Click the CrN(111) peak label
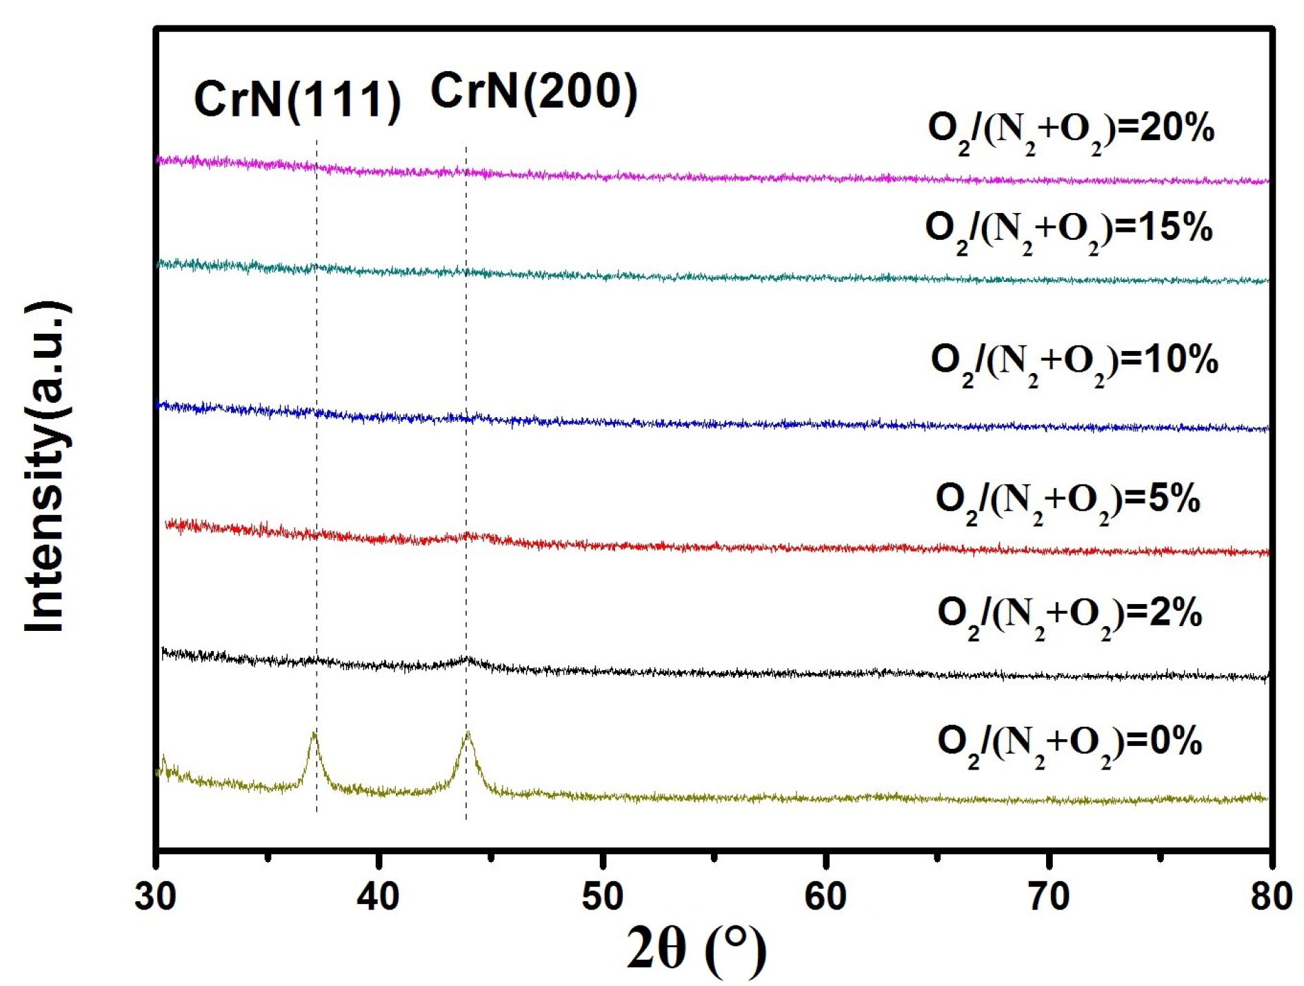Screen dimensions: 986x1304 tap(297, 101)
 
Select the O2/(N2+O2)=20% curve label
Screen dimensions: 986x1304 tap(1070, 131)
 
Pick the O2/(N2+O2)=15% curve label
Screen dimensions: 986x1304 tap(1068, 230)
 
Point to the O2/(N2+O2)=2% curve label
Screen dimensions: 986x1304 tap(1069, 615)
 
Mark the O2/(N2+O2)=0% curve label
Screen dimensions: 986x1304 tap(1069, 744)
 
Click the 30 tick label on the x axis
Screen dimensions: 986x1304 tap(156, 896)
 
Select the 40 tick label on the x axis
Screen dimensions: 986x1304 tap(379, 896)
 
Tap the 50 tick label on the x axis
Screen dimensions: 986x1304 tap(602, 896)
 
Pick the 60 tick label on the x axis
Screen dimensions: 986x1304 tap(825, 896)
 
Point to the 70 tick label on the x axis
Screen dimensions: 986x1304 tap(1049, 896)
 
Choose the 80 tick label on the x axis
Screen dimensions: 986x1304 tap(1271, 896)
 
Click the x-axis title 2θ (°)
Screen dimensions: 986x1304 tap(696, 949)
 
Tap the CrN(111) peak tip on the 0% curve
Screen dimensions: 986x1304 tap(314, 734)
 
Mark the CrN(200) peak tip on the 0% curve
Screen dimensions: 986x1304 tap(468, 732)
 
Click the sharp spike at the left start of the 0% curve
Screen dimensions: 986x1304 tap(163, 758)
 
